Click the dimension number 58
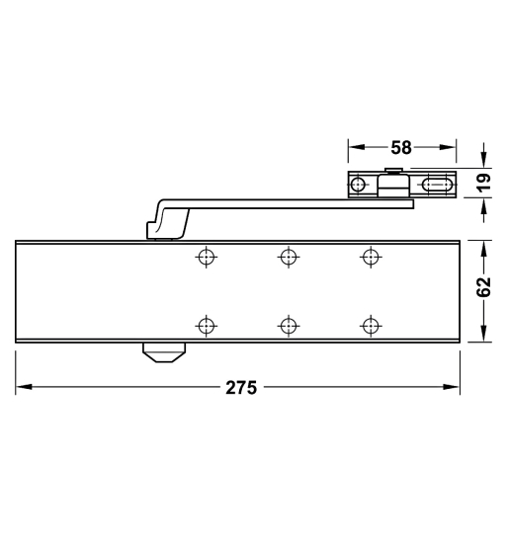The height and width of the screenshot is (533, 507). (400, 148)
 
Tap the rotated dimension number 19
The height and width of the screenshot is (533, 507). (484, 183)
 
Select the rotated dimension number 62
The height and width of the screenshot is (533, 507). (484, 287)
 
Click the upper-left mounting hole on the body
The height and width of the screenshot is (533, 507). (206, 257)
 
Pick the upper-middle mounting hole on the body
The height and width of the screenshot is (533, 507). (288, 257)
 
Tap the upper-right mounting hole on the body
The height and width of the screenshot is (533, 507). (370, 257)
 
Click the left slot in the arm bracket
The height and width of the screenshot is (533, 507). (360, 185)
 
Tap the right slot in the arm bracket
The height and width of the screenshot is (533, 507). (436, 185)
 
